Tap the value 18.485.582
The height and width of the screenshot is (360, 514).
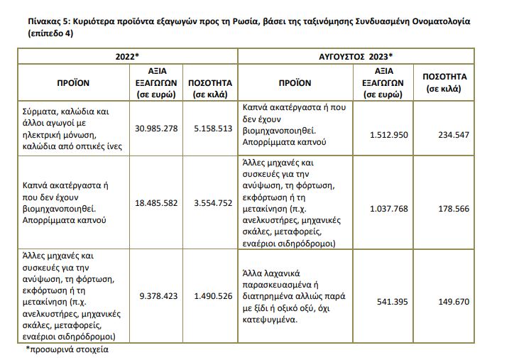coord(155,202)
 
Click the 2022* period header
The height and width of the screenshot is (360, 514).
coord(127,55)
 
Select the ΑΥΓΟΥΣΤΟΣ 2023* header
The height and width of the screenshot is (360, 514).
coord(354,55)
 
